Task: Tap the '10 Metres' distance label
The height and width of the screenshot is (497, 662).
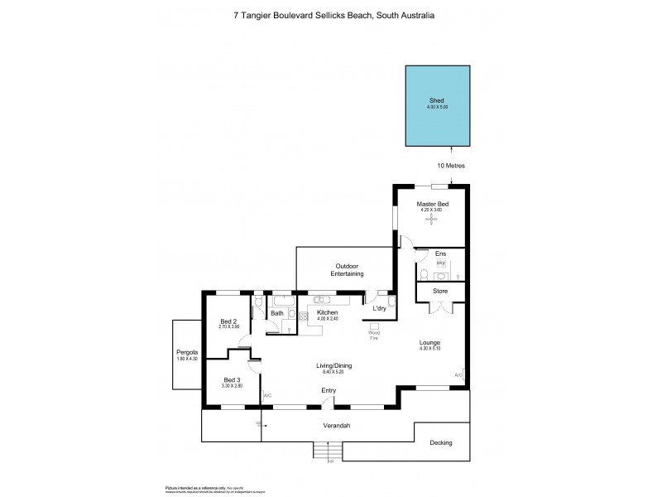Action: [451, 166]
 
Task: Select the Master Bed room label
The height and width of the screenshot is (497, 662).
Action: [433, 204]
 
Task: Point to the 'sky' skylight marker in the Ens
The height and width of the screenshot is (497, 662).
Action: [440, 263]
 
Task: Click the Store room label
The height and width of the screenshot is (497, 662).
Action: [440, 292]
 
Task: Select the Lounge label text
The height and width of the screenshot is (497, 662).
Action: [429, 343]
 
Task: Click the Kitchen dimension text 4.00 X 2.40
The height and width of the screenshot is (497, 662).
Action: [328, 319]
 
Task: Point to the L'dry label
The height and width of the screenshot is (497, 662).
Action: [379, 309]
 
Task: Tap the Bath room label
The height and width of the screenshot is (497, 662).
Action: [277, 313]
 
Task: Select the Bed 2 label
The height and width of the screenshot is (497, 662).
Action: [228, 321]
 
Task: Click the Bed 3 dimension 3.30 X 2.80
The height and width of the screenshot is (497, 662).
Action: [231, 386]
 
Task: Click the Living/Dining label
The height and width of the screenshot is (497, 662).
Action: [334, 365]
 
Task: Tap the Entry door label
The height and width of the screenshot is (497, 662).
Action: [329, 390]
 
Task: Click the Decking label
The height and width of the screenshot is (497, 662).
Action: [441, 442]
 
